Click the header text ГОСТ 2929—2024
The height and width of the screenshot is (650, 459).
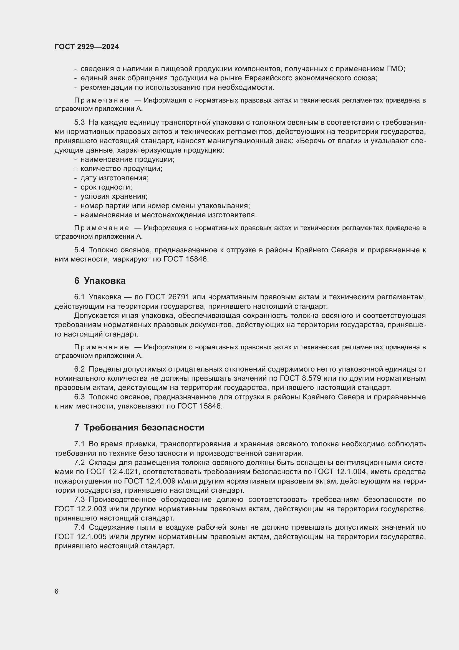[87, 47]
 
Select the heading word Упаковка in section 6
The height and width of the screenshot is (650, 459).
[105, 281]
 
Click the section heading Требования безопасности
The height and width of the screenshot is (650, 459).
[144, 427]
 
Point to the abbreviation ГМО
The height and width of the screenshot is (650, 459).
[395, 69]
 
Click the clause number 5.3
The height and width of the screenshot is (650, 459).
[79, 123]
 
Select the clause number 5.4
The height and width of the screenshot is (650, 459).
[79, 250]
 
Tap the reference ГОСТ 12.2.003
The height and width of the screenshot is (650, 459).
[80, 509]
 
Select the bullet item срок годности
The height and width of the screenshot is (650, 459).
[106, 187]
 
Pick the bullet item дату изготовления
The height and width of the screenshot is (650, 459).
[114, 178]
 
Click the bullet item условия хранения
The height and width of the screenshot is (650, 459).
[114, 196]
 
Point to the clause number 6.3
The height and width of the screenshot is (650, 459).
[79, 397]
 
